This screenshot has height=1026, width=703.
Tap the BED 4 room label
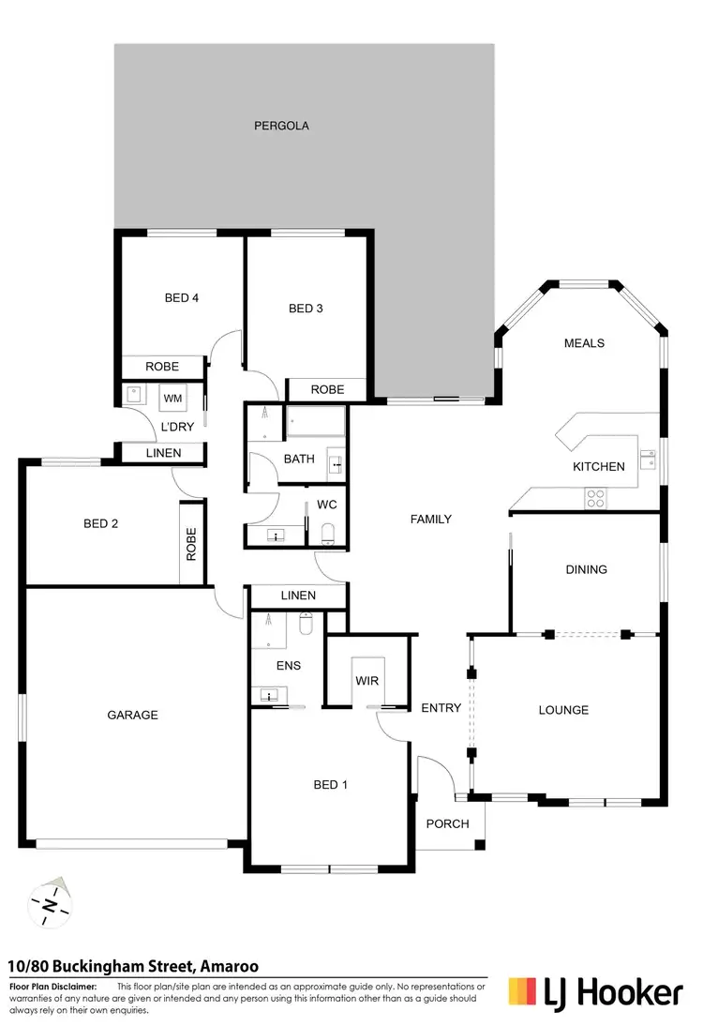coord(182,298)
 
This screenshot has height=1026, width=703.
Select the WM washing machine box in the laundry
coord(172,399)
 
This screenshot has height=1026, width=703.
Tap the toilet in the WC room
coord(327,533)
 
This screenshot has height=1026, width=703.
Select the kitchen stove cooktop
coord(594,498)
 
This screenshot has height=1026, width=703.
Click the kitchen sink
coord(647,459)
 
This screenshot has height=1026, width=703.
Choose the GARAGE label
coord(132,715)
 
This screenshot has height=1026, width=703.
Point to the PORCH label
coord(447,824)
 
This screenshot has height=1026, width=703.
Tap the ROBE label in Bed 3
coord(327,389)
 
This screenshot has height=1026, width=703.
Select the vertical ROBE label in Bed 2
coord(191,544)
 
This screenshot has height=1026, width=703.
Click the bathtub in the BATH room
coord(315,423)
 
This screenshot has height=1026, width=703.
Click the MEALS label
coord(584,343)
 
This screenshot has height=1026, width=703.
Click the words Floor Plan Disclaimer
coord(52,987)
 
